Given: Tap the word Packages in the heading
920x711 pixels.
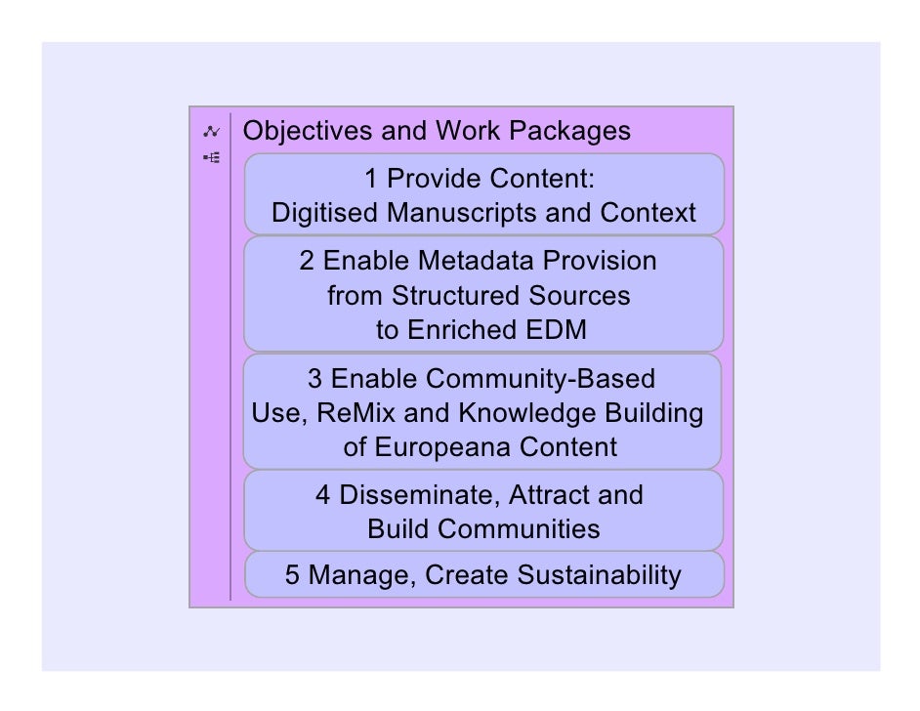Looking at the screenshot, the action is point(574,131).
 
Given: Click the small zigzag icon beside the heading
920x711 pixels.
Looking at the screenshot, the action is point(210,132).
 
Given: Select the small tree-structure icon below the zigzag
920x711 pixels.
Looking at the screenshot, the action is point(211,156).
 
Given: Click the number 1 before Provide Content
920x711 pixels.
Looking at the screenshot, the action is point(371,179).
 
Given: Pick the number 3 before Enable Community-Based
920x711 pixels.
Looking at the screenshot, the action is point(314,378).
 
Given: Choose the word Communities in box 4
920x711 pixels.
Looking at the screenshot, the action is point(518,529).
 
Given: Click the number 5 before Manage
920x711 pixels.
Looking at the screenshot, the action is point(292,575).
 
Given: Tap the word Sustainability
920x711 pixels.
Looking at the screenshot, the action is point(599,575).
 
